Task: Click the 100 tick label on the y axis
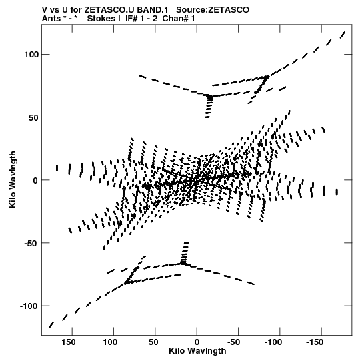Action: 31,55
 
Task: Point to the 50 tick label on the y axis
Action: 33,117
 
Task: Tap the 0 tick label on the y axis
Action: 35,180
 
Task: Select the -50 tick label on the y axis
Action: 31,244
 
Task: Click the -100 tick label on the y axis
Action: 29,306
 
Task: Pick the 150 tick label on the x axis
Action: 68,342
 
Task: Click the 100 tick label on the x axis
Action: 110,342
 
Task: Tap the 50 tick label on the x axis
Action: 153,342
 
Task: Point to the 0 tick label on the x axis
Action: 197,342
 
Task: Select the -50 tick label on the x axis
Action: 234,342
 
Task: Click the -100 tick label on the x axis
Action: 273,342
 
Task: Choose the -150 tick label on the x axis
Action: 315,342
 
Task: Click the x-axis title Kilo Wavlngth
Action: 197,351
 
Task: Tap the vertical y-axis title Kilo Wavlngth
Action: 13,179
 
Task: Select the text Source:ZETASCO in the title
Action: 213,10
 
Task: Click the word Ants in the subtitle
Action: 51,19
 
